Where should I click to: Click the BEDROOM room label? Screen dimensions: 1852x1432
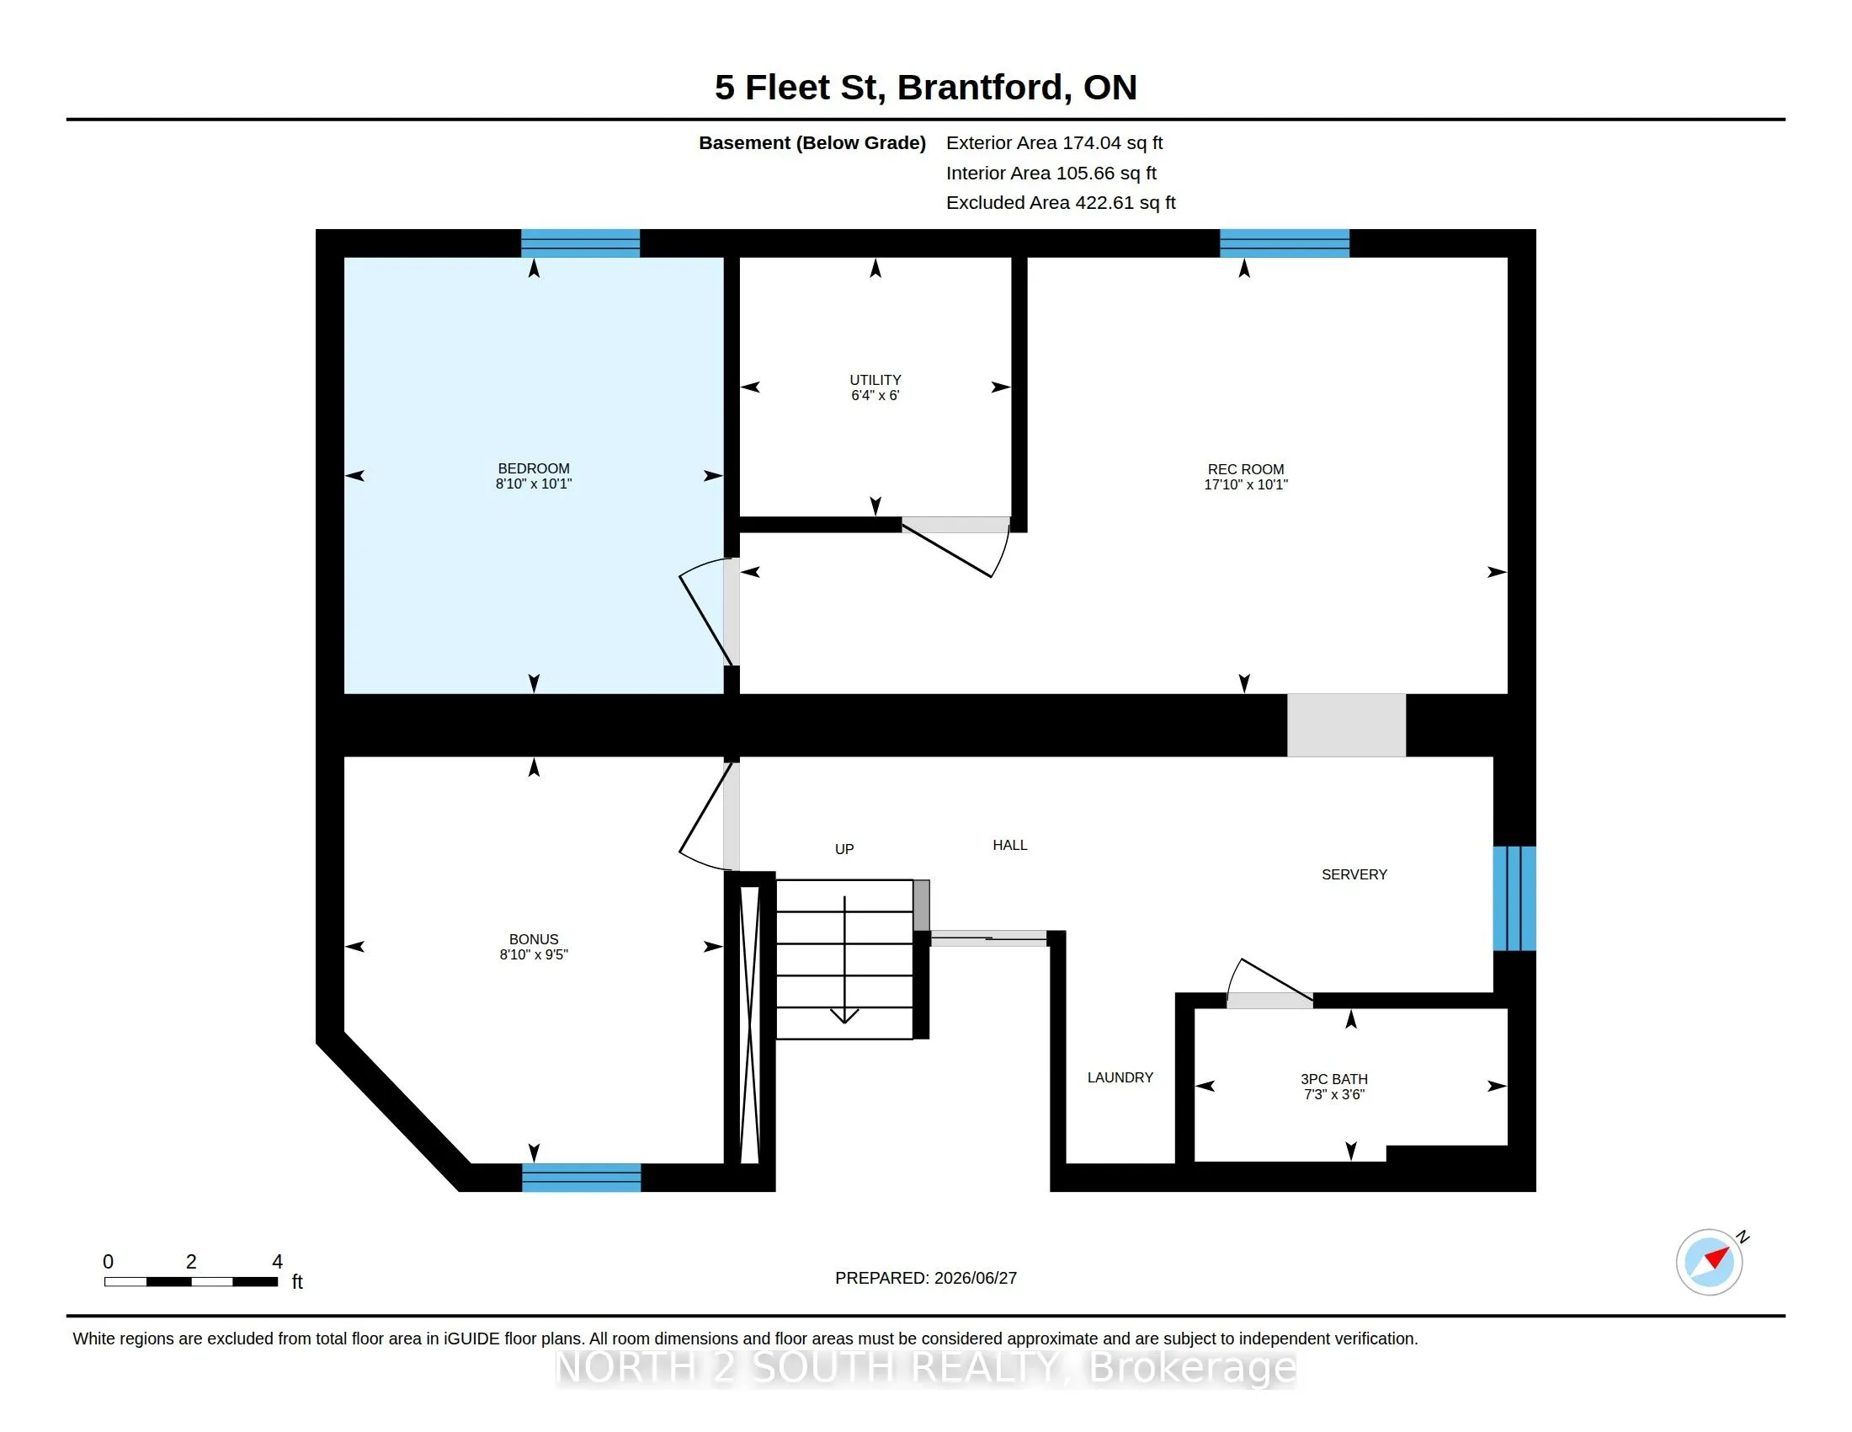(x=534, y=468)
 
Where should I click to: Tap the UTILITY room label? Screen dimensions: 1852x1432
(x=875, y=380)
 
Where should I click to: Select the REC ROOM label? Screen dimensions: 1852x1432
(x=1246, y=469)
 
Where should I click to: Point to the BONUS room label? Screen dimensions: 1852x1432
(x=534, y=939)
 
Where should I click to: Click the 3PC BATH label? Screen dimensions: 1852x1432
(x=1334, y=1079)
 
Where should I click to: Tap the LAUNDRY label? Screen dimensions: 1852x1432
(x=1120, y=1077)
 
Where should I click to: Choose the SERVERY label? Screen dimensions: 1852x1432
(x=1354, y=874)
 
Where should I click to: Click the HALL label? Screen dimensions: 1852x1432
(x=1010, y=845)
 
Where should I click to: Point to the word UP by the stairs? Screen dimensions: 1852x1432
(x=844, y=849)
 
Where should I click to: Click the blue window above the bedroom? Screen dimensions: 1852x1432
(x=580, y=243)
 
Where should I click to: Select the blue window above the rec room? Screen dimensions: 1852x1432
(x=1284, y=243)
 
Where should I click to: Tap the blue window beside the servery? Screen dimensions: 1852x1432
(x=1514, y=899)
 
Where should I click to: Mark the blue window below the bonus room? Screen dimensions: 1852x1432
(x=581, y=1178)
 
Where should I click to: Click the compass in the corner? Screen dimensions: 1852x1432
(x=1710, y=1263)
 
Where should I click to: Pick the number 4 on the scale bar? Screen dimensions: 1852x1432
(x=277, y=1262)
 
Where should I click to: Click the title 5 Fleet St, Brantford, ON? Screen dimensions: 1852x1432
(x=925, y=88)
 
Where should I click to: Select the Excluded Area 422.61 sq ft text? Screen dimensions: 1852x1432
(x=1061, y=203)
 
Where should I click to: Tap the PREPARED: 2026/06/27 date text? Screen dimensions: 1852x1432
(x=926, y=1278)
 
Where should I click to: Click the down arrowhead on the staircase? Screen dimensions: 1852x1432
(x=844, y=1016)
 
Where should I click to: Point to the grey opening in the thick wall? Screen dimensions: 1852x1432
(x=1347, y=725)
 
